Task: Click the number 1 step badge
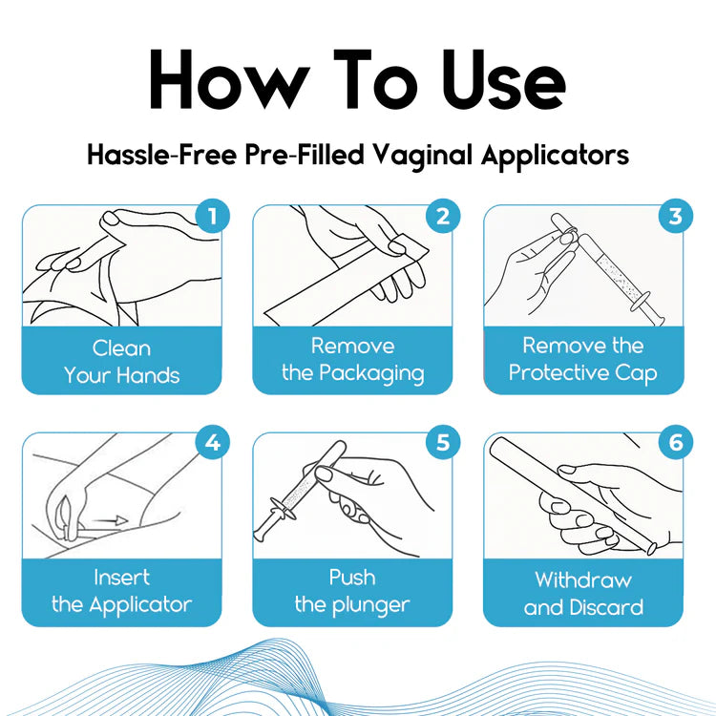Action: pyautogui.click(x=212, y=217)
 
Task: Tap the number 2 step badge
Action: pyautogui.click(x=442, y=217)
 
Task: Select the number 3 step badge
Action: pyautogui.click(x=674, y=217)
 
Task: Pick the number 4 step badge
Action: pyautogui.click(x=212, y=443)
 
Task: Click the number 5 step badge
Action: pyautogui.click(x=442, y=443)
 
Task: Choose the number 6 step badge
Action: pyautogui.click(x=674, y=443)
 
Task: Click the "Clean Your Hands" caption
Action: pyautogui.click(x=121, y=362)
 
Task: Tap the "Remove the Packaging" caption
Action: pyautogui.click(x=352, y=359)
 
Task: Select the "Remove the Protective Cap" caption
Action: pyautogui.click(x=582, y=359)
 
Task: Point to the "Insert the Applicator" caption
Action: pyautogui.click(x=121, y=591)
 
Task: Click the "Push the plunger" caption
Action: pyautogui.click(x=352, y=591)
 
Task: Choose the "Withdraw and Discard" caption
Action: pyautogui.click(x=582, y=593)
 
